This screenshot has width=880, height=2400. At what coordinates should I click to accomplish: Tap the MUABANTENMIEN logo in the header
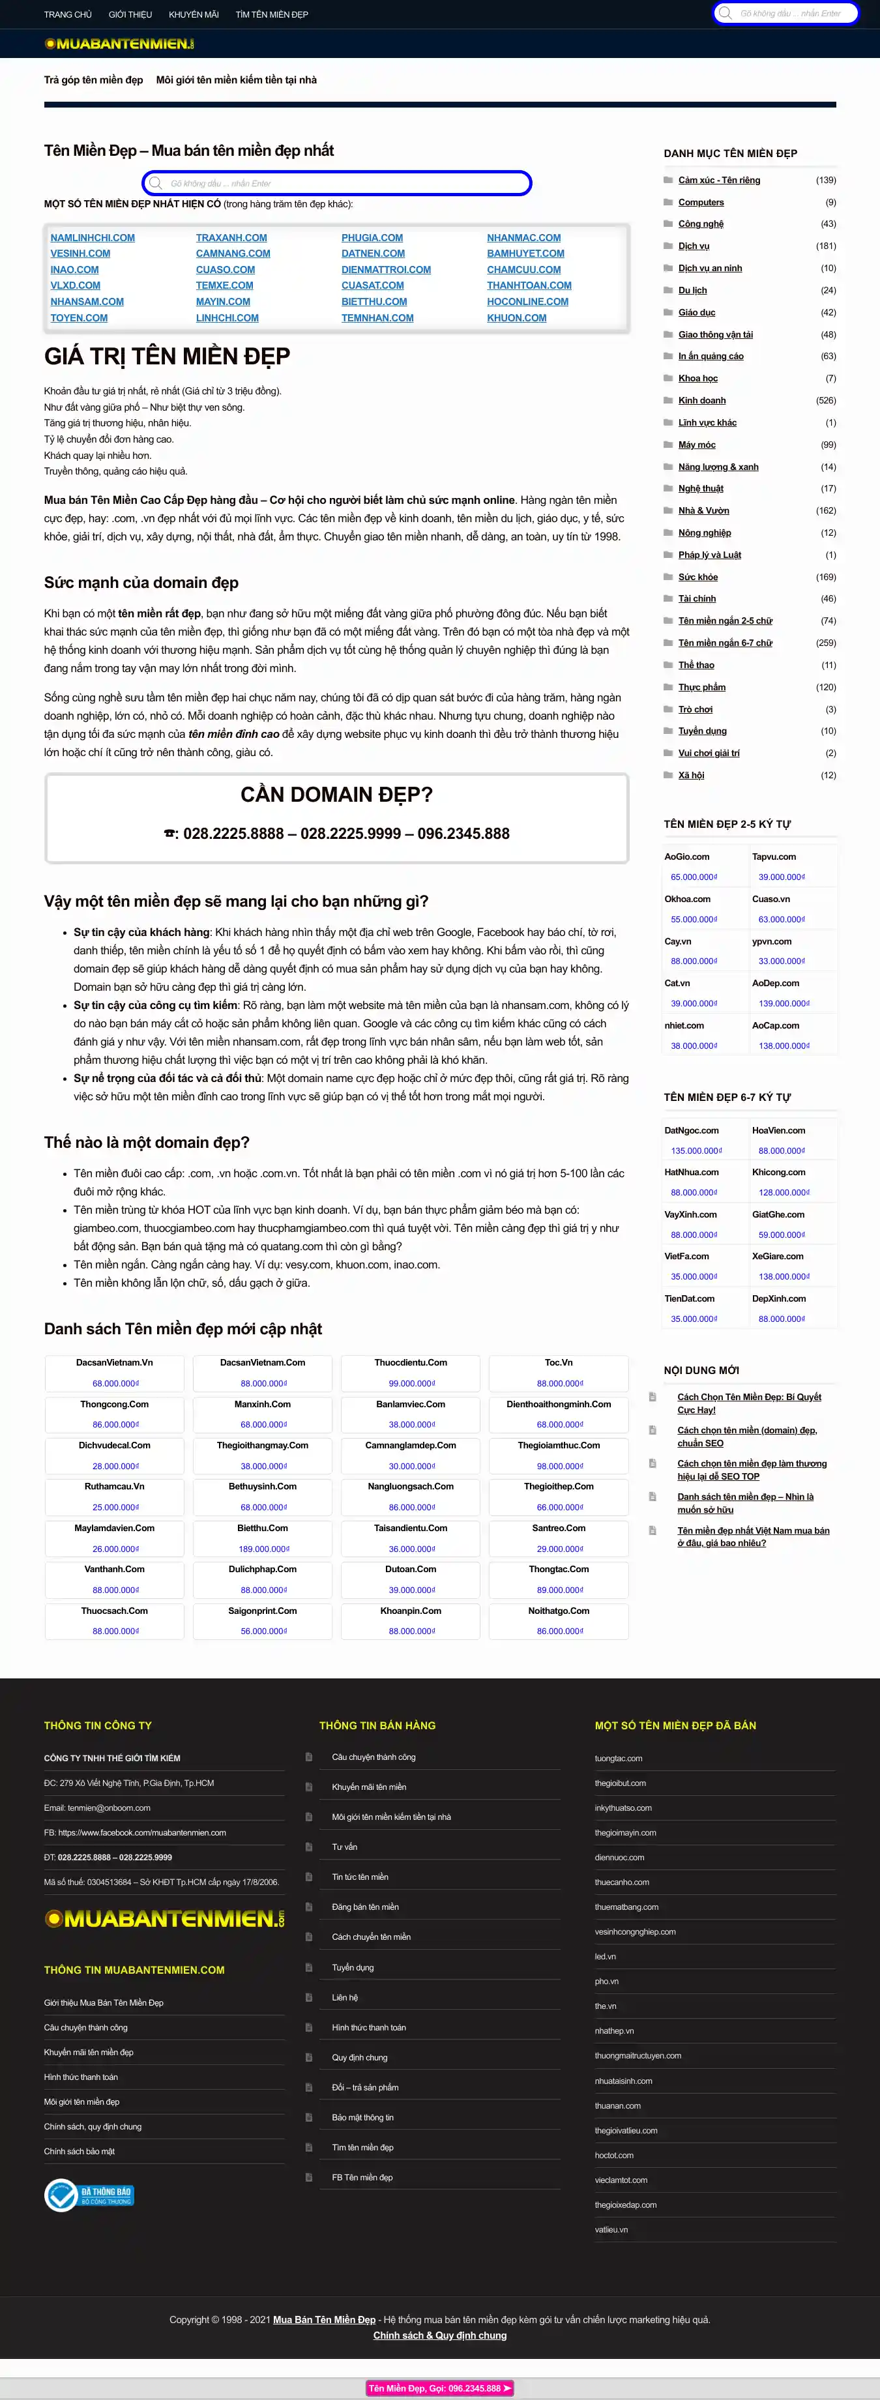119,44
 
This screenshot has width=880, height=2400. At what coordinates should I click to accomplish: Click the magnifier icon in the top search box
726,14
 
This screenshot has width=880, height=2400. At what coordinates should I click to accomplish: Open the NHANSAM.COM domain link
87,302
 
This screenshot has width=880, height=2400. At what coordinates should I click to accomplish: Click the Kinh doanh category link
702,401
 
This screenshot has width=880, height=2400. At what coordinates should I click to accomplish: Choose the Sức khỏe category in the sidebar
697,578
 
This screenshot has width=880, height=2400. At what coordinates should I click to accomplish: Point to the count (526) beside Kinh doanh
825,401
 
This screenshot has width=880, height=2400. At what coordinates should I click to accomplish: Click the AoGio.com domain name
687,857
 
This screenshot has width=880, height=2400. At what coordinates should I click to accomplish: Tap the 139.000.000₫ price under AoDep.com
784,1003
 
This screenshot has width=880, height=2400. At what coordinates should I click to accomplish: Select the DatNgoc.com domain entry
692,1130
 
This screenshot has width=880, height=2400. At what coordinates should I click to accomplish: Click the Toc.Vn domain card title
559,1362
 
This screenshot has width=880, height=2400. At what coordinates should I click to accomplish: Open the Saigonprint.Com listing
263,1611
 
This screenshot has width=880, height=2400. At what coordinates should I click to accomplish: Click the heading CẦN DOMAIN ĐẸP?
336,795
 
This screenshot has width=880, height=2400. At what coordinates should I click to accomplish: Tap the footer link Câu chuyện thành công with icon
374,1757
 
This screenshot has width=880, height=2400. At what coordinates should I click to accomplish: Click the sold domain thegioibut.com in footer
620,1783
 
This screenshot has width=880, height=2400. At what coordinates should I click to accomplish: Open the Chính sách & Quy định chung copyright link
440,2335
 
